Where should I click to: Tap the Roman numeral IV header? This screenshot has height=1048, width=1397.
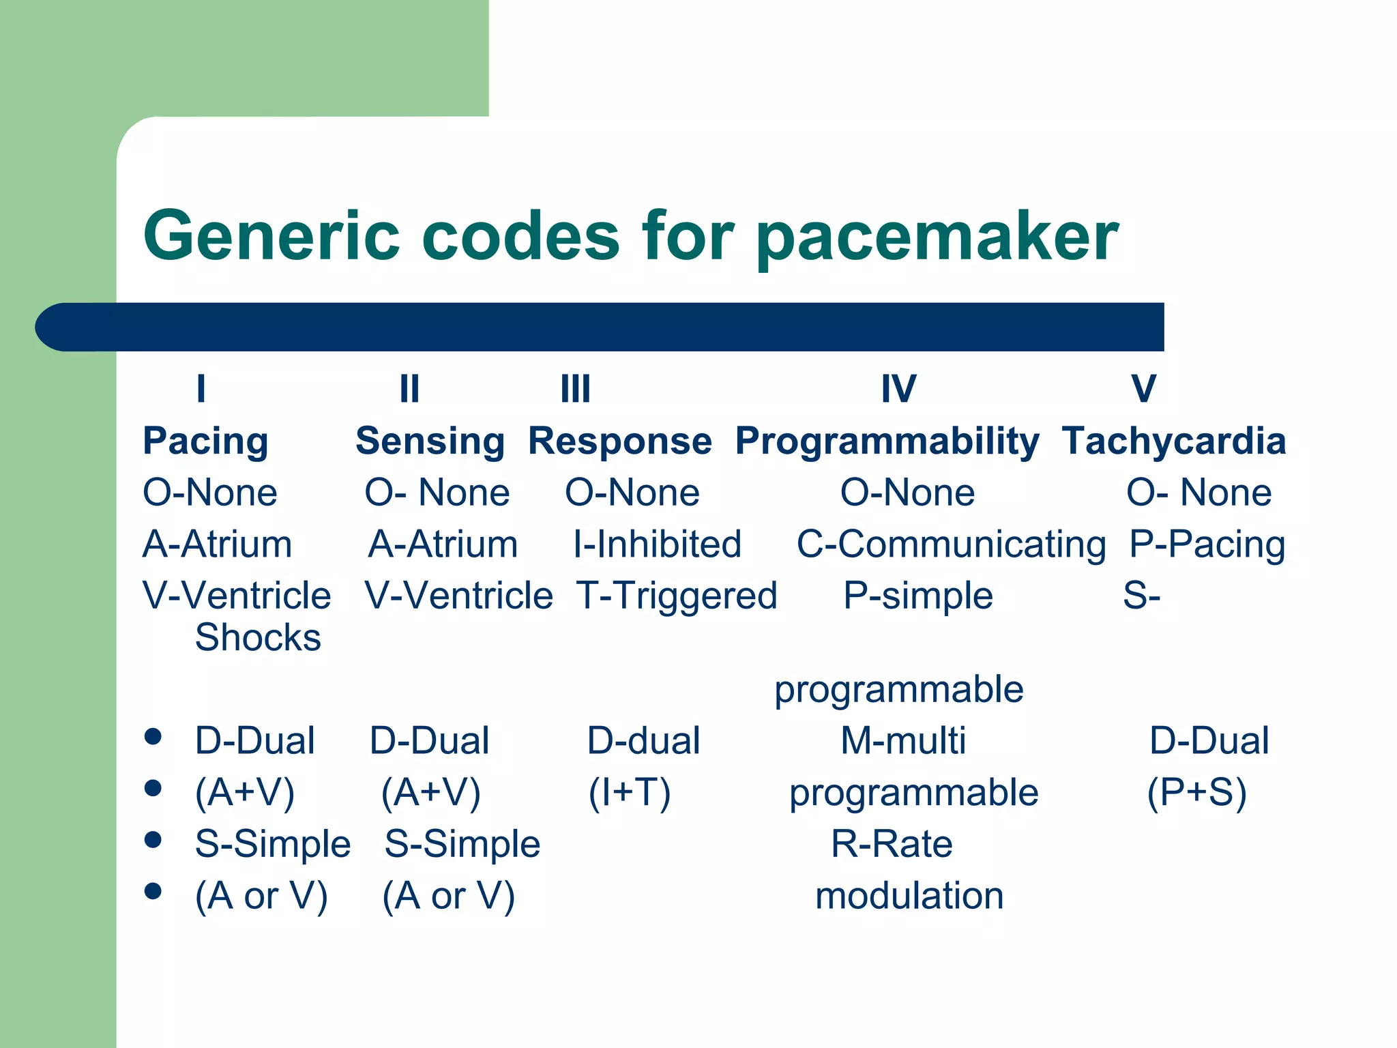[x=898, y=389]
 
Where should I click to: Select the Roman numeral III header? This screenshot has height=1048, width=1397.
[x=575, y=389]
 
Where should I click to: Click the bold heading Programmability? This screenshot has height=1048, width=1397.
[x=887, y=441]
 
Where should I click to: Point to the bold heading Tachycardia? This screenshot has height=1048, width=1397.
[x=1173, y=441]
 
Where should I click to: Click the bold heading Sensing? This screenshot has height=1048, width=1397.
[x=430, y=441]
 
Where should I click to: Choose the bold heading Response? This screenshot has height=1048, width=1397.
[x=619, y=441]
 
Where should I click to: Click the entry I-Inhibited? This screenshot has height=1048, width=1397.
[x=657, y=544]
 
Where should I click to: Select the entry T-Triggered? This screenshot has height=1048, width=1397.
[x=676, y=595]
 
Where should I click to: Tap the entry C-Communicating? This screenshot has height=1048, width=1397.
[x=951, y=544]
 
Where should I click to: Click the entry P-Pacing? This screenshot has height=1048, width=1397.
[x=1207, y=544]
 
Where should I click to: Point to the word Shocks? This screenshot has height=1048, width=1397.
[x=258, y=637]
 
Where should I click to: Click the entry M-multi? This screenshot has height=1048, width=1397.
[x=902, y=740]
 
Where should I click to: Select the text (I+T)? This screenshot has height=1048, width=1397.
[x=629, y=792]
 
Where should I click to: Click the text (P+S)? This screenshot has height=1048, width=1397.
[x=1196, y=792]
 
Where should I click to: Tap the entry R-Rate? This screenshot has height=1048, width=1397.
[x=891, y=843]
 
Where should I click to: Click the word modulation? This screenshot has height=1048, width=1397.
[x=909, y=895]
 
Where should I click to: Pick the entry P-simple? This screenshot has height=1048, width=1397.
[x=917, y=595]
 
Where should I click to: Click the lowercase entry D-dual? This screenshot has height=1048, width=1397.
[x=643, y=740]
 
